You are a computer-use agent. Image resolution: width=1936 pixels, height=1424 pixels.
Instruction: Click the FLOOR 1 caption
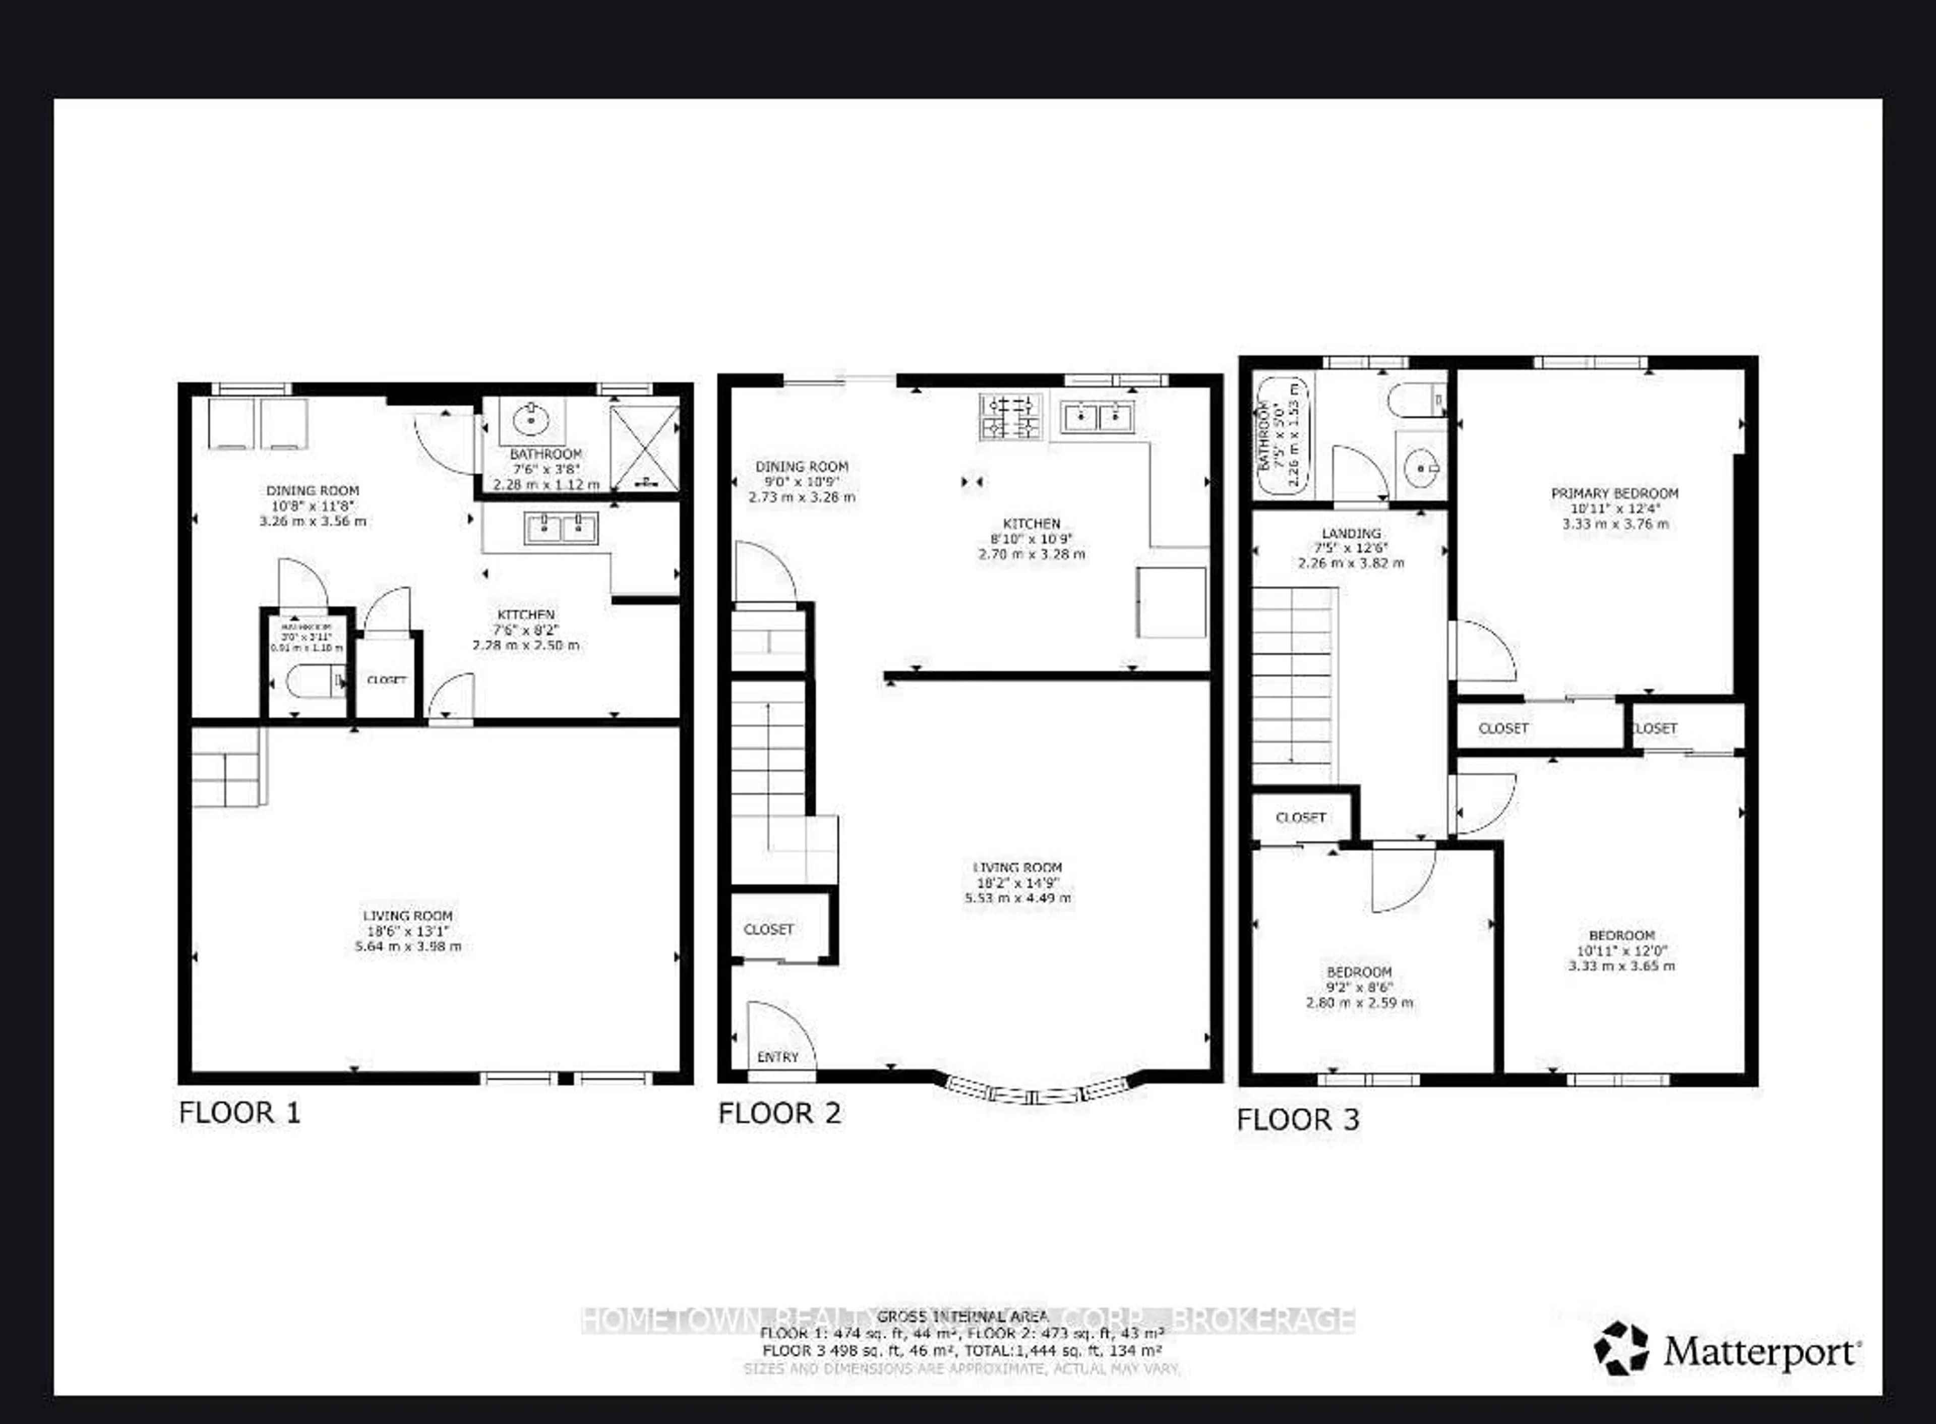[239, 1113]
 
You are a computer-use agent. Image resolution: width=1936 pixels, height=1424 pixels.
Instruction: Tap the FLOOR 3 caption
[1298, 1120]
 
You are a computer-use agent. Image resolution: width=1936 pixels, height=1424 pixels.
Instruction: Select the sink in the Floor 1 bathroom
[531, 421]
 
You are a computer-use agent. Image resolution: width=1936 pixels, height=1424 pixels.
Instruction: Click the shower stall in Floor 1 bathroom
[644, 448]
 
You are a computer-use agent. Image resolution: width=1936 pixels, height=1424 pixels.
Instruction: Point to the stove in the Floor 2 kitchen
[1010, 416]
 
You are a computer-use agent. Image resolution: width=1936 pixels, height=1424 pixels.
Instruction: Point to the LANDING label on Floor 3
[1351, 534]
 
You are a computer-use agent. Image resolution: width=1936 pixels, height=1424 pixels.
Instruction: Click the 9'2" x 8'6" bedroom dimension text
[1360, 988]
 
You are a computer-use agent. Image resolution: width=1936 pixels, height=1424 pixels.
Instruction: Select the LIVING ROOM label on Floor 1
[407, 916]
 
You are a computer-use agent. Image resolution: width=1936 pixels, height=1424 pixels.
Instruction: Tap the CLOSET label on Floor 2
[768, 929]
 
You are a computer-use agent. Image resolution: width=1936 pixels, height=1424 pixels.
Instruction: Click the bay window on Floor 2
[1038, 1092]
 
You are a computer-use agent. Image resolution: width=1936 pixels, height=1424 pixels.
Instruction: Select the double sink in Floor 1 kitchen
[562, 528]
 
